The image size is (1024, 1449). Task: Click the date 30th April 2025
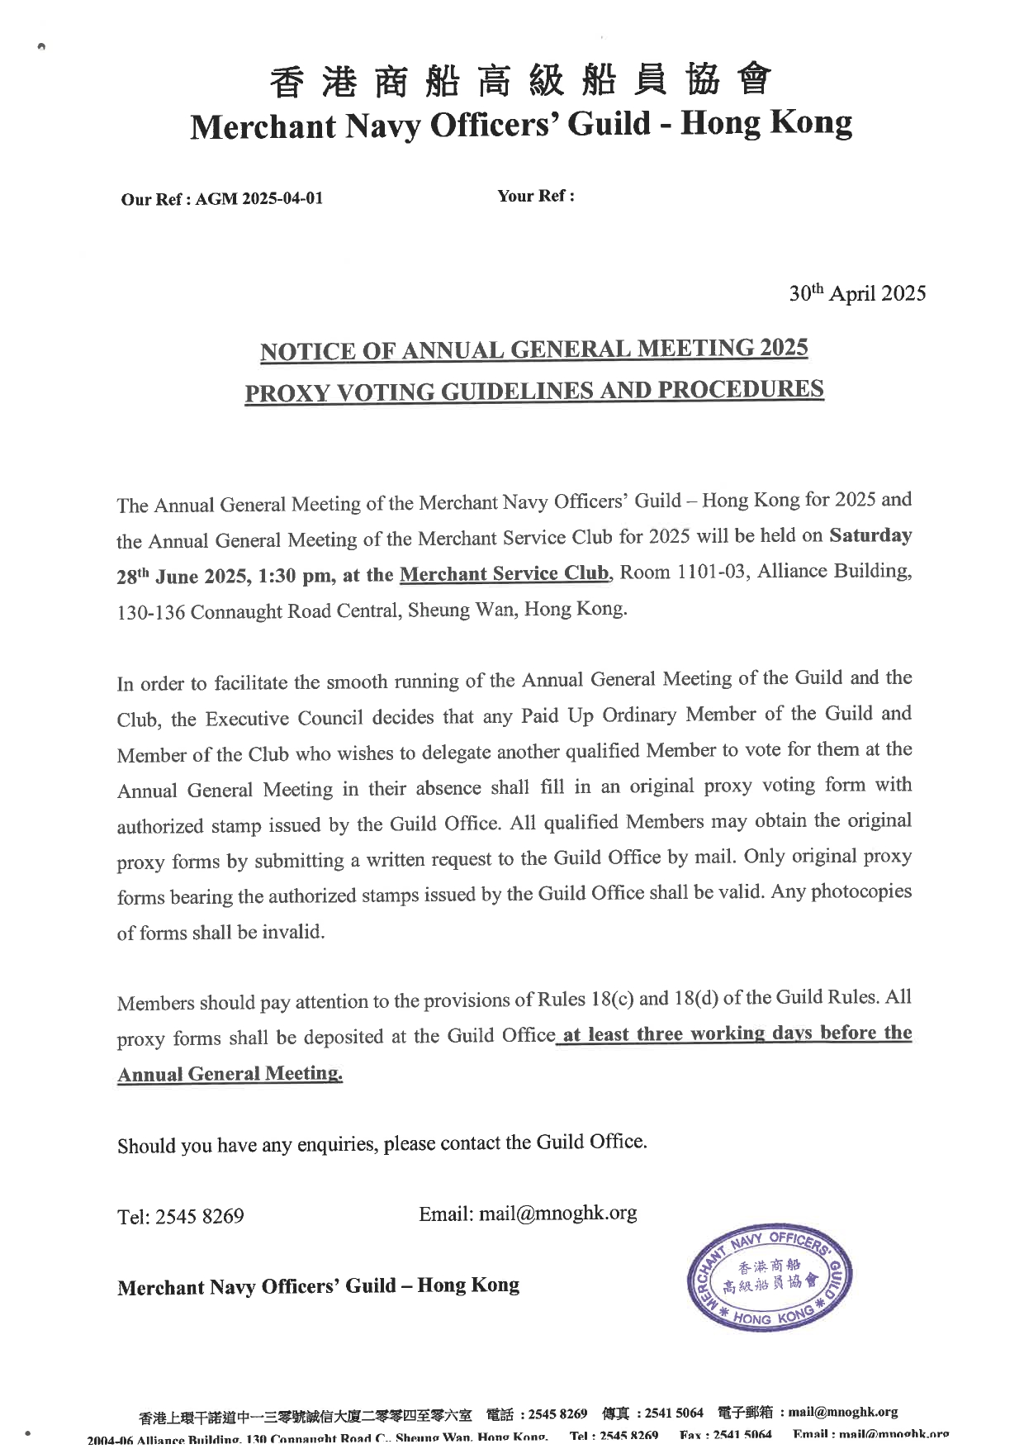click(x=857, y=294)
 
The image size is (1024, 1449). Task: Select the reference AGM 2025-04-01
click(x=258, y=199)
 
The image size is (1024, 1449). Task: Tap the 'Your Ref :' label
click(x=535, y=196)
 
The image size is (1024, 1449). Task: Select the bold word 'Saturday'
click(x=870, y=535)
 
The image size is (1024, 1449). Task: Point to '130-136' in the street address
click(x=151, y=612)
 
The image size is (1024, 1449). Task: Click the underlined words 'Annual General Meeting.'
click(x=230, y=1074)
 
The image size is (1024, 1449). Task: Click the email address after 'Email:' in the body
click(x=557, y=1214)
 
